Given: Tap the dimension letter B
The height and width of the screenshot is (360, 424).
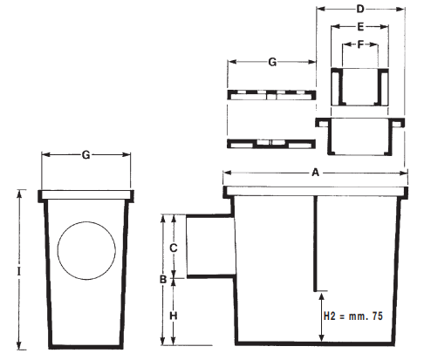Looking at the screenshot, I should [161, 280].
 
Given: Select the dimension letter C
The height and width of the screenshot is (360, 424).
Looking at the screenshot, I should [174, 248].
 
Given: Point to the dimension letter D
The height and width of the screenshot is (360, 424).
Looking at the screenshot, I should [360, 10].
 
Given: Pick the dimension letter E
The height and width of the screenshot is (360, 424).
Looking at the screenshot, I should [360, 27].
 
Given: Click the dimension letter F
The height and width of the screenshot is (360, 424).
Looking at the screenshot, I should [359, 44].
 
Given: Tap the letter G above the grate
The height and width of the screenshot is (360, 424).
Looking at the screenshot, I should [271, 64].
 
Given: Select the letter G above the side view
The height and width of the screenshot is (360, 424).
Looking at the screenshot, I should [85, 156].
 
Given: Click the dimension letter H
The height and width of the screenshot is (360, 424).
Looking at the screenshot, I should [174, 314].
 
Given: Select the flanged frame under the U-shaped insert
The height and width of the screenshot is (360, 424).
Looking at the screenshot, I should [361, 134].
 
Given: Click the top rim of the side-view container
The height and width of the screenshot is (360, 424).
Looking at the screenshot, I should [86, 195].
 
